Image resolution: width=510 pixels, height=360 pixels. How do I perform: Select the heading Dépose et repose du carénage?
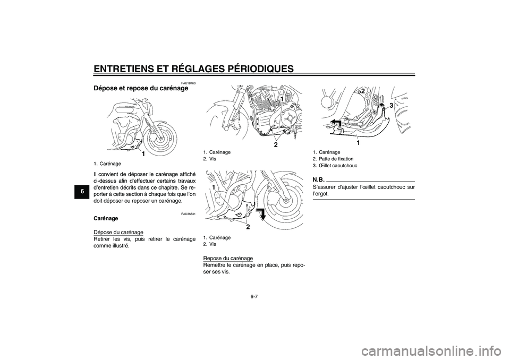[x=140, y=89]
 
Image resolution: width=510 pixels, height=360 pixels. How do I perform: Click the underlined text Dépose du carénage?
[x=118, y=232]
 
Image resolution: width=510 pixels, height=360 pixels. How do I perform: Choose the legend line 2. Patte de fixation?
[x=333, y=159]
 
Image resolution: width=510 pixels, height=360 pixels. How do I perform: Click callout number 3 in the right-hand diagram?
[x=391, y=106]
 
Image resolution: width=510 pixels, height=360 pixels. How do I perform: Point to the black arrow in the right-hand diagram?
[x=334, y=124]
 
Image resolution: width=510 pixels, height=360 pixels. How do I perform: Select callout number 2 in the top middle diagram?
[x=276, y=144]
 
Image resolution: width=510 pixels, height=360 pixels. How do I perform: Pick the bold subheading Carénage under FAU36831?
[x=106, y=219]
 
